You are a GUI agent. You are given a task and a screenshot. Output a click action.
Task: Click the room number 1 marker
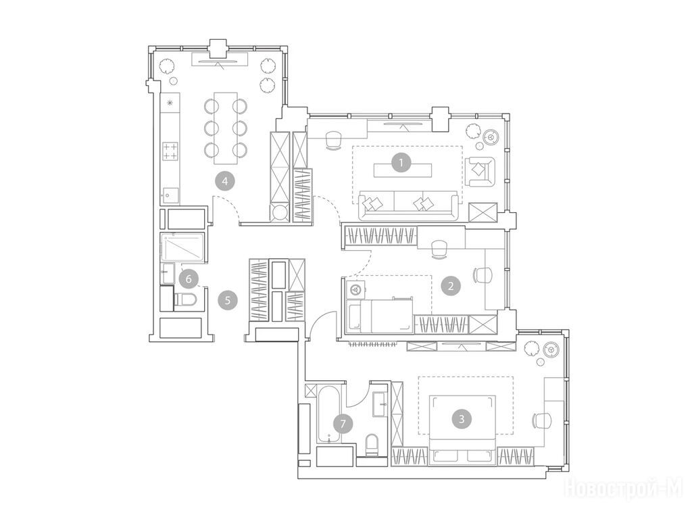tap(401, 163)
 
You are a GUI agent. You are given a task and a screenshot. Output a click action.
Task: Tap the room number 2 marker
tap(451, 286)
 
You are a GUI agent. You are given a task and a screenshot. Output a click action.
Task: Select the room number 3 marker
tap(462, 418)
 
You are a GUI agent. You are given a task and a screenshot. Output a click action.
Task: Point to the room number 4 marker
tap(225, 181)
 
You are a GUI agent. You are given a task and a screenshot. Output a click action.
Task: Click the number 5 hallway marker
tap(228, 301)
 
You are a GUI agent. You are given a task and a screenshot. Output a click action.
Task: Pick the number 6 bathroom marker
tap(189, 279)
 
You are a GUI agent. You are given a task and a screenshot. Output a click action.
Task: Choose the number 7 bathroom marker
tap(343, 424)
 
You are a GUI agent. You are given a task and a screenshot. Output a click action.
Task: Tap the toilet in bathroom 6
tap(185, 299)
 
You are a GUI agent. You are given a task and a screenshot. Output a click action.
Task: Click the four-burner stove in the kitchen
tap(170, 151)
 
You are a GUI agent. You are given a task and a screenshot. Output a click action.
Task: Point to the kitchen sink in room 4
tap(170, 195)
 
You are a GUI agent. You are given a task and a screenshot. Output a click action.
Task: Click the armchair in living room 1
tap(480, 171)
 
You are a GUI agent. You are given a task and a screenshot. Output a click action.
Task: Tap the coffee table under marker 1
tap(402, 170)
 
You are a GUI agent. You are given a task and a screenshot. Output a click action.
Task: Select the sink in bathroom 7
tap(380, 404)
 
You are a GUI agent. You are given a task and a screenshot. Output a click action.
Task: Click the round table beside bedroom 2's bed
tap(354, 289)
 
